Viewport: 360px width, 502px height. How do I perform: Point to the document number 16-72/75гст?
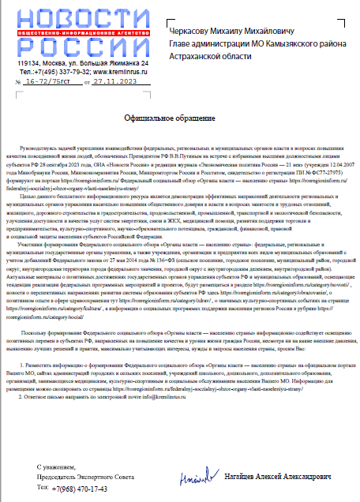click(48, 81)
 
